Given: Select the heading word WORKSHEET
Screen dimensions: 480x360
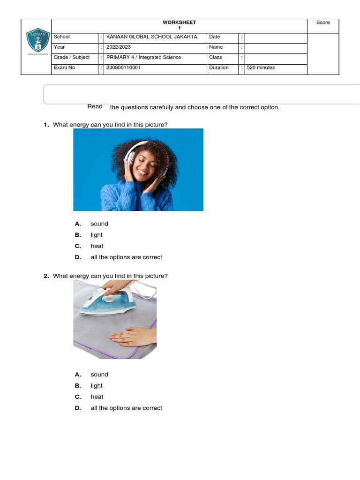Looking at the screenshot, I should pos(179,22).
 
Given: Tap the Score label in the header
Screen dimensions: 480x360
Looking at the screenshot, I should pos(323,22).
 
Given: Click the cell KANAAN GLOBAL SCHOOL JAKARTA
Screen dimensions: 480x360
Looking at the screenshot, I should pos(152,37).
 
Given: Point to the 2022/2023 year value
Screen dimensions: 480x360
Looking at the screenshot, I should pos(119,47).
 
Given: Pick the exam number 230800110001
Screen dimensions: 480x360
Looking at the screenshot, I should pos(123,67).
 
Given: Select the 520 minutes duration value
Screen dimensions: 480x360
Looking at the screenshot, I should pos(261,67).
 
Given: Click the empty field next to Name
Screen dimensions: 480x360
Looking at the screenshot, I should pos(276,47).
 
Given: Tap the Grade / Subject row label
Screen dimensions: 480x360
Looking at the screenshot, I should pos(72,57).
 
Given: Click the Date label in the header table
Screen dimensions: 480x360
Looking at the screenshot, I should pos(215,37).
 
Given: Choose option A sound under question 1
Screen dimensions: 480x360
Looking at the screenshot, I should pos(99,224).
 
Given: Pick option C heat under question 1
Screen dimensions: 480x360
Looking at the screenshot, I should pos(97,246).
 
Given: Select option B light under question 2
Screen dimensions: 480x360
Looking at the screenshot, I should pos(97,386).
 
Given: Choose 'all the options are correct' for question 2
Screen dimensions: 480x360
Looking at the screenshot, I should pos(126,408).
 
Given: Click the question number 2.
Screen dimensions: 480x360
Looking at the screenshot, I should pos(46,276).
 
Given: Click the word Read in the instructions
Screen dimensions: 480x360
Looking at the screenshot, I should pos(95,106).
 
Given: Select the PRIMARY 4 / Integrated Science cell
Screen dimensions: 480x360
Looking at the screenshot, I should pos(143,57).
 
